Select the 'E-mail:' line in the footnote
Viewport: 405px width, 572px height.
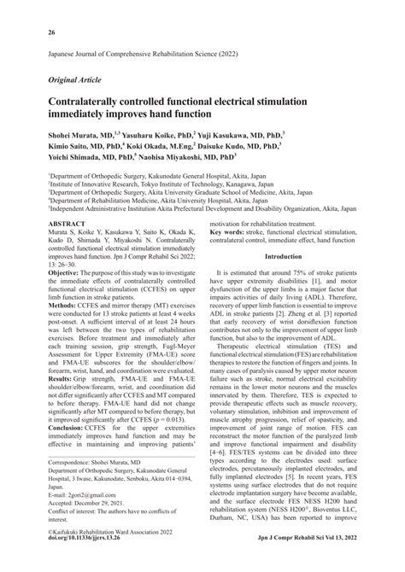pyautogui.click(x=56, y=520)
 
